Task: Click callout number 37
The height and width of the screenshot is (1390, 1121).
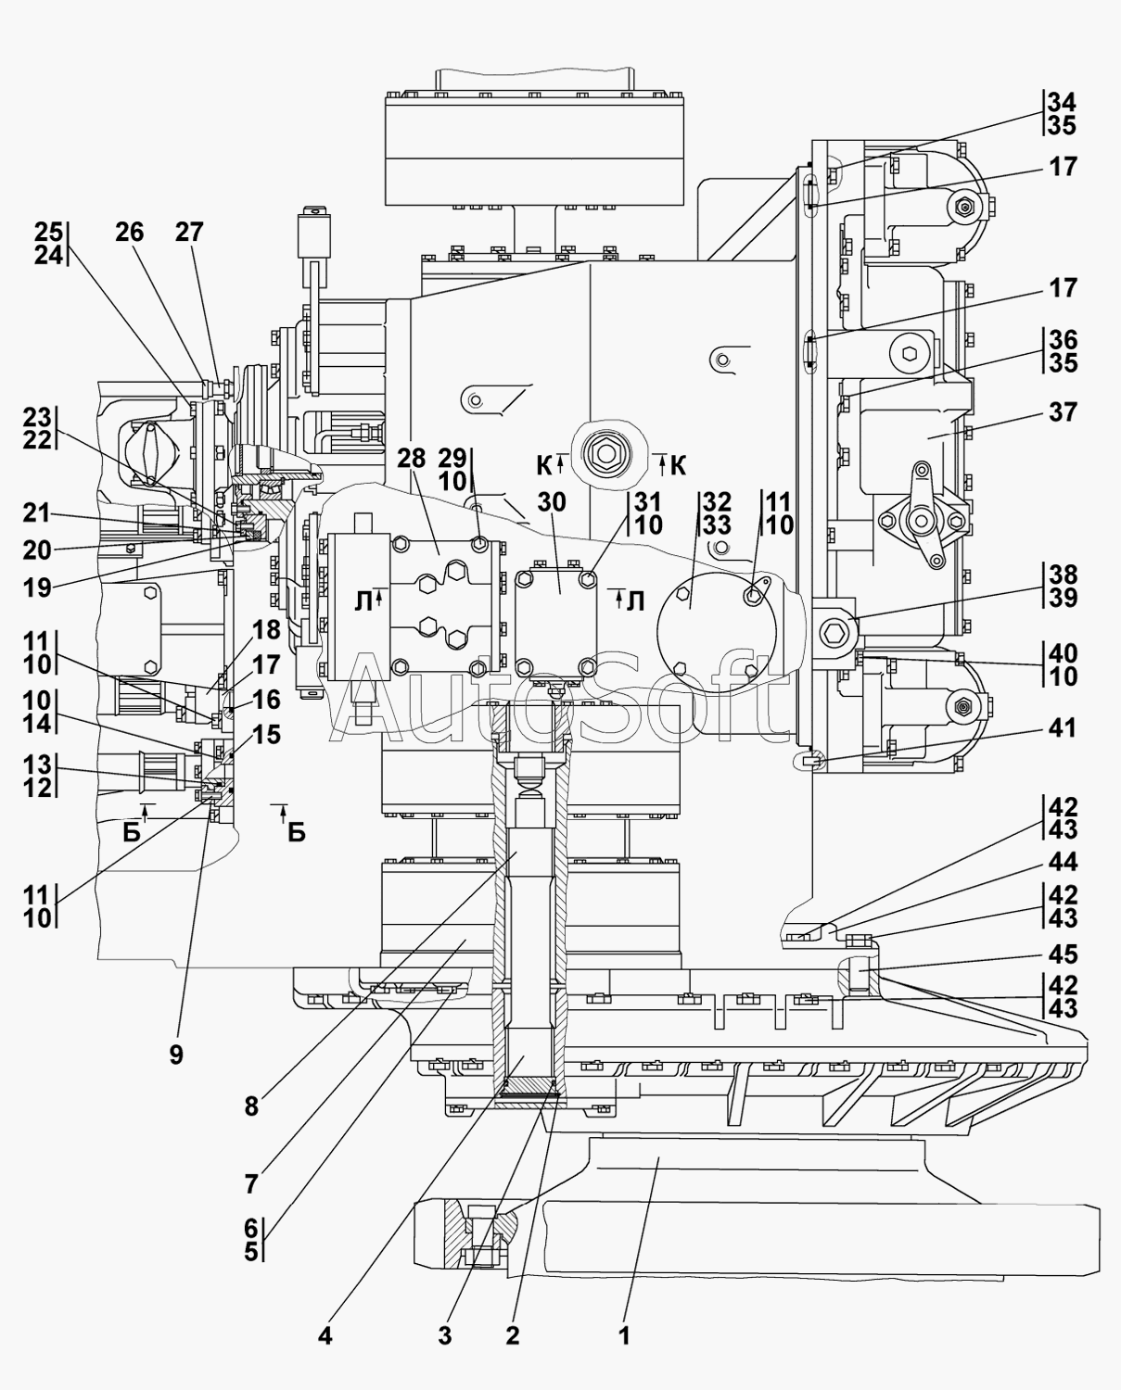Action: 1063,412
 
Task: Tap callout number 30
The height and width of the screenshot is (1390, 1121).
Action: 552,502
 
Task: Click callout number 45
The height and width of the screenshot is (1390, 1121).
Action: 1063,954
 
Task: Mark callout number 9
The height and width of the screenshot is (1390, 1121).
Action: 176,1055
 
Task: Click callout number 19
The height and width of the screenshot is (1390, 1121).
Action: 37,588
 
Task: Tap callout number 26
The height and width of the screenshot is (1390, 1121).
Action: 129,232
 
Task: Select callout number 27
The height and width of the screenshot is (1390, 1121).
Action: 189,232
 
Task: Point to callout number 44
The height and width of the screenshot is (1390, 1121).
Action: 1063,861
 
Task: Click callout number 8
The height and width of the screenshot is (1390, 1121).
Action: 251,1106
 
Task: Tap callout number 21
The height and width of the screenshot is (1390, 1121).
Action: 36,512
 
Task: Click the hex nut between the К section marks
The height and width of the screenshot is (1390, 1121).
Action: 605,452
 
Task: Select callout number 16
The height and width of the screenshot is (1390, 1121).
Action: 267,700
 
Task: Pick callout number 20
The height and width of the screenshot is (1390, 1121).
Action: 37,550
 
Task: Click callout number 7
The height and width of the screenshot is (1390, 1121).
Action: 251,1184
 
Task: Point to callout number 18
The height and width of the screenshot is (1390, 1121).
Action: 267,630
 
